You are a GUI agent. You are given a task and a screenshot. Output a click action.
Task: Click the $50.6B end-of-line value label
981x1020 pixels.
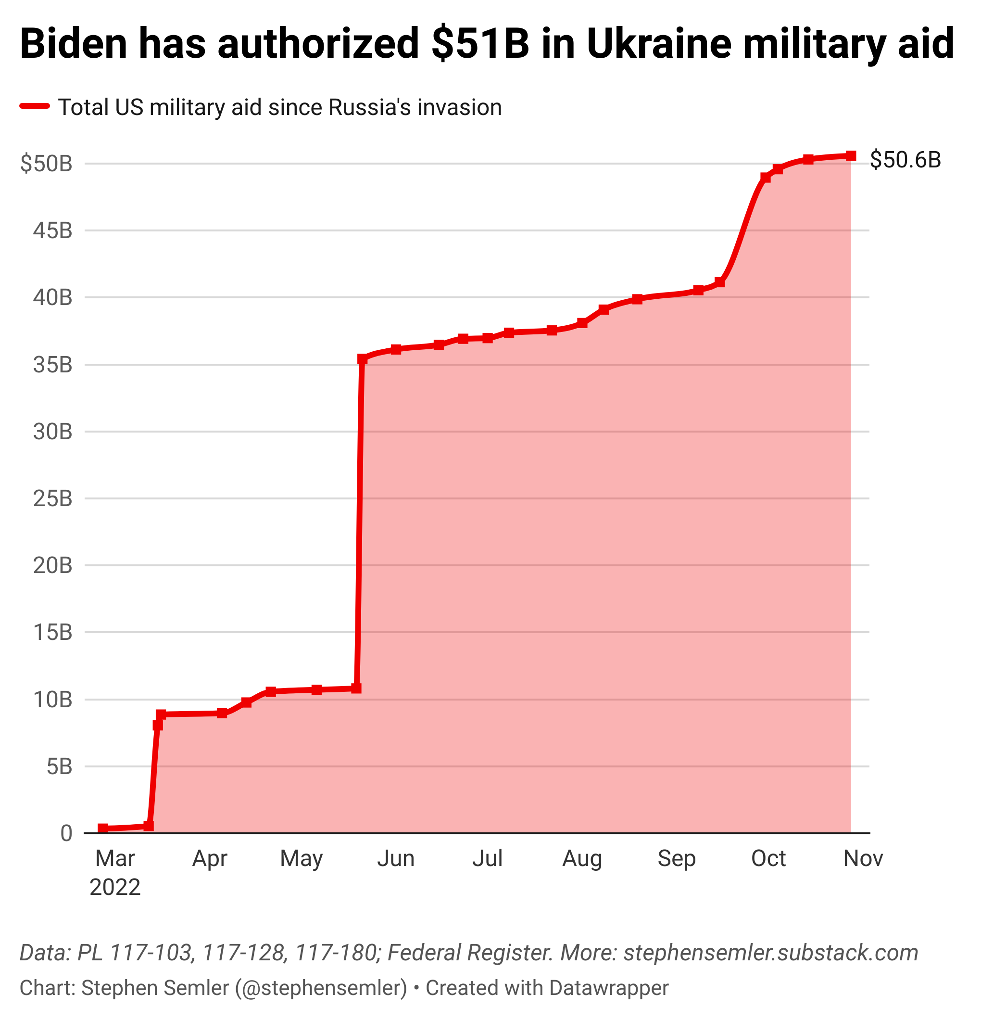[x=905, y=159]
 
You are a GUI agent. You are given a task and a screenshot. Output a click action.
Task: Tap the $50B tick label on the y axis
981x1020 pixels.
[x=46, y=164]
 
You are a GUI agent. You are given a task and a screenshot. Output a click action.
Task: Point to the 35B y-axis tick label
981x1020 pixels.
[x=52, y=365]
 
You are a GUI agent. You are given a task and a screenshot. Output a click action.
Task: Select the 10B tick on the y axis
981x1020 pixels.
[x=52, y=700]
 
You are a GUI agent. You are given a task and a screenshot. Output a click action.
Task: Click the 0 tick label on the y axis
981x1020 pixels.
[x=66, y=834]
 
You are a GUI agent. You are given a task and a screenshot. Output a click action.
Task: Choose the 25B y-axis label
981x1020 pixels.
[x=52, y=499]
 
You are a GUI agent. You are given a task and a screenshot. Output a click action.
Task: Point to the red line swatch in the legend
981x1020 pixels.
[x=35, y=107]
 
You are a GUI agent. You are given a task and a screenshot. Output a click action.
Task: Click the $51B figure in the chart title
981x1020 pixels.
[x=479, y=44]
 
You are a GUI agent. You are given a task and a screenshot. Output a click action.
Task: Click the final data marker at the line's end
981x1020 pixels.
[x=851, y=156]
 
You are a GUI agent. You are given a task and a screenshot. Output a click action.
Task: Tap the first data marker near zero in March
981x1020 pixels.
[x=103, y=829]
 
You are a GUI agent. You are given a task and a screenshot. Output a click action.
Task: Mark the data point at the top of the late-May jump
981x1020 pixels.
[x=363, y=359]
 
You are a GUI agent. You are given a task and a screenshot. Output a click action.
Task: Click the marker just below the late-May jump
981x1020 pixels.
[x=356, y=688]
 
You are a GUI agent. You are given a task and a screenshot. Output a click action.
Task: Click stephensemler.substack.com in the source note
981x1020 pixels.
[x=771, y=953]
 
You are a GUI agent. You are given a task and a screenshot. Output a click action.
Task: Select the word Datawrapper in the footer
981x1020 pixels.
[x=609, y=988]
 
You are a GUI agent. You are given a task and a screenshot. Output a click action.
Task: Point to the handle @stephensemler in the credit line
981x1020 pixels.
[x=321, y=988]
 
